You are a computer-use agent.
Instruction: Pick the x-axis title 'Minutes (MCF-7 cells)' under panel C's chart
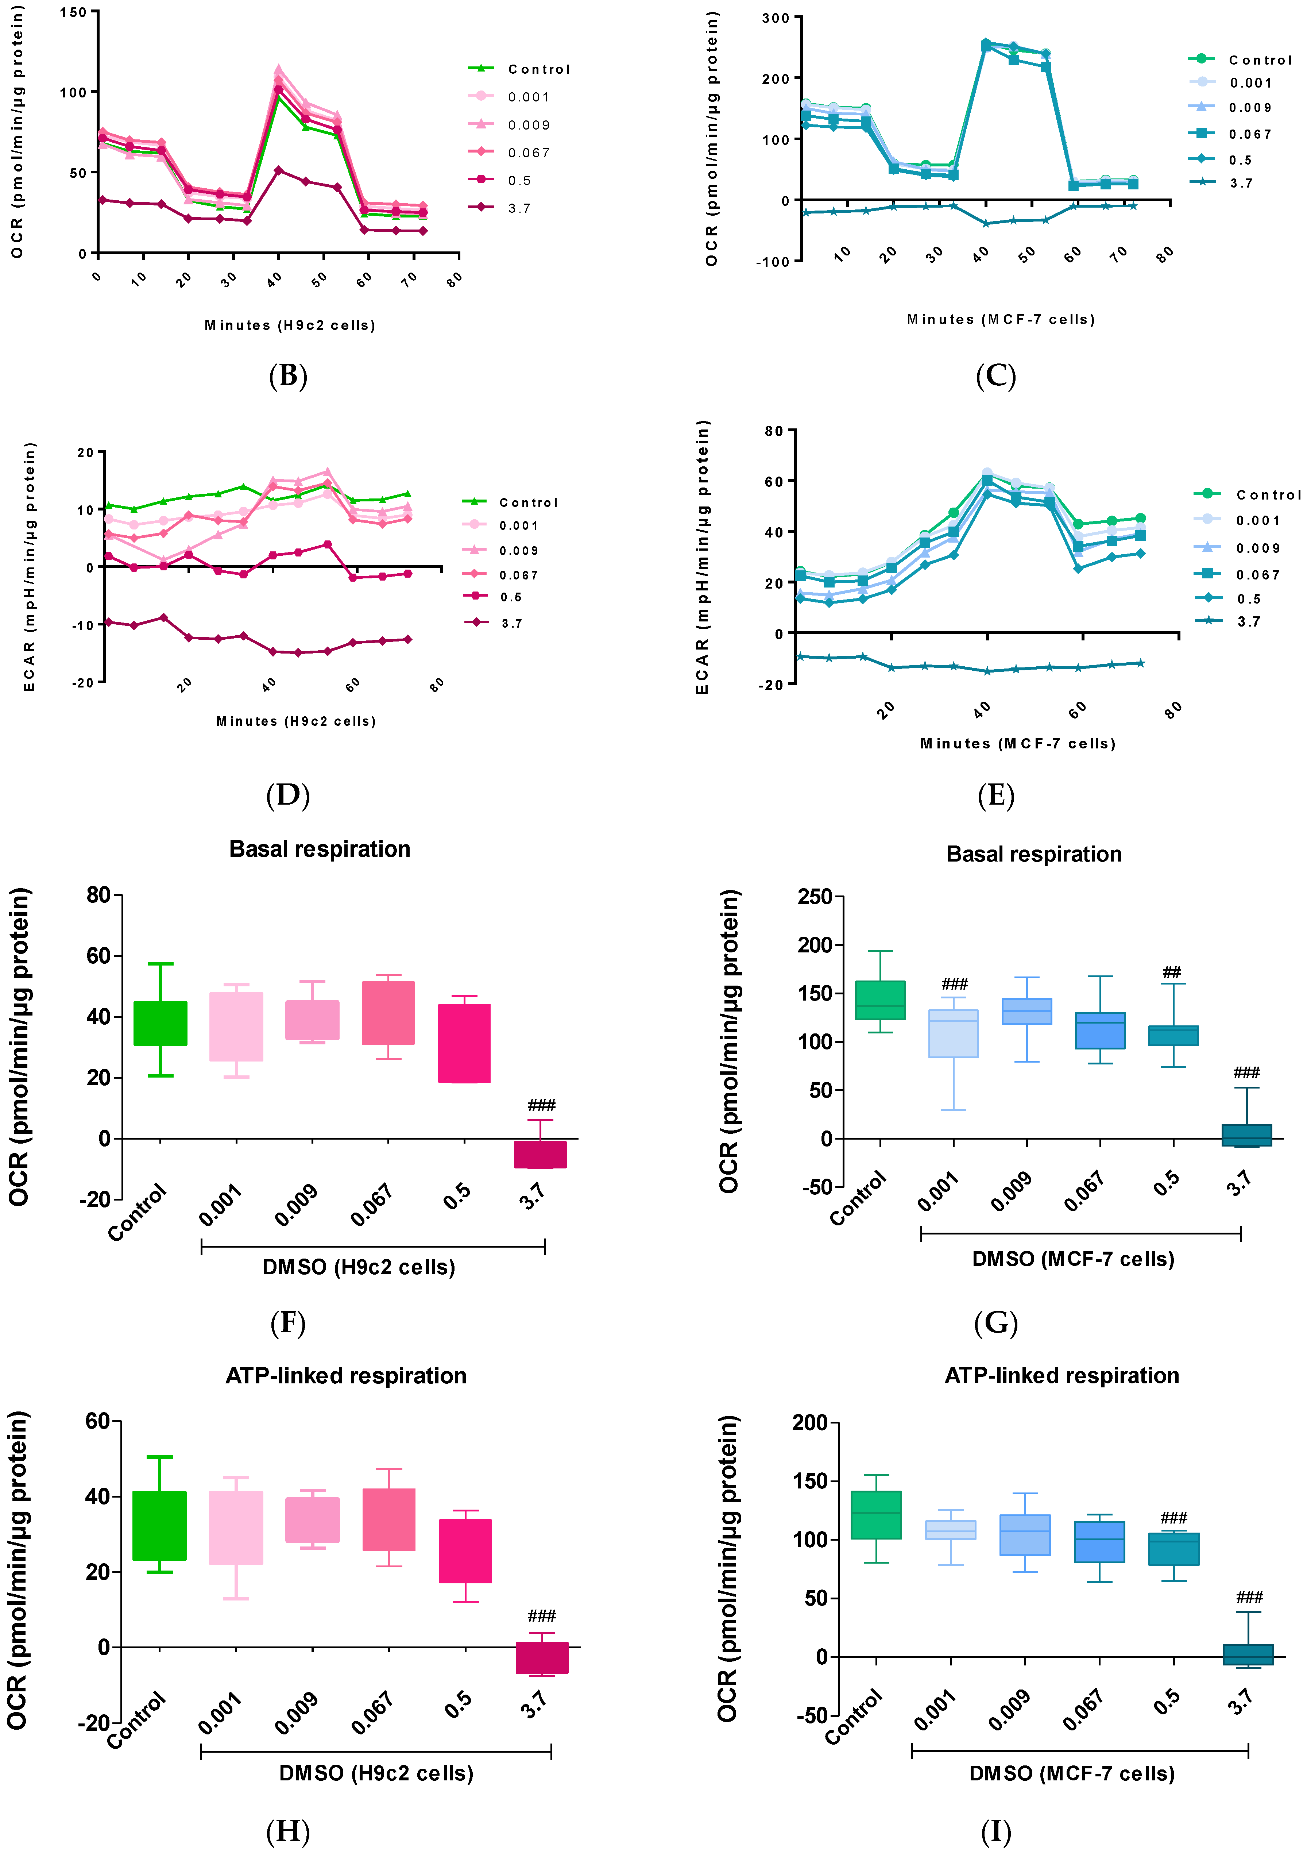point(1001,320)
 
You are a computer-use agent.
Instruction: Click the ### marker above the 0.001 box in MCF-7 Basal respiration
point(954,984)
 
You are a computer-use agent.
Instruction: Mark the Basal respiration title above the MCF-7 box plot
point(1033,854)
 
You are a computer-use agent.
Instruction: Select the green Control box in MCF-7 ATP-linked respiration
point(876,1515)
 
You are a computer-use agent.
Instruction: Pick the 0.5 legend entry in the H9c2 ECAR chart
point(511,597)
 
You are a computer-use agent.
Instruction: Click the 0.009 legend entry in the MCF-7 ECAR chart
point(1257,548)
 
